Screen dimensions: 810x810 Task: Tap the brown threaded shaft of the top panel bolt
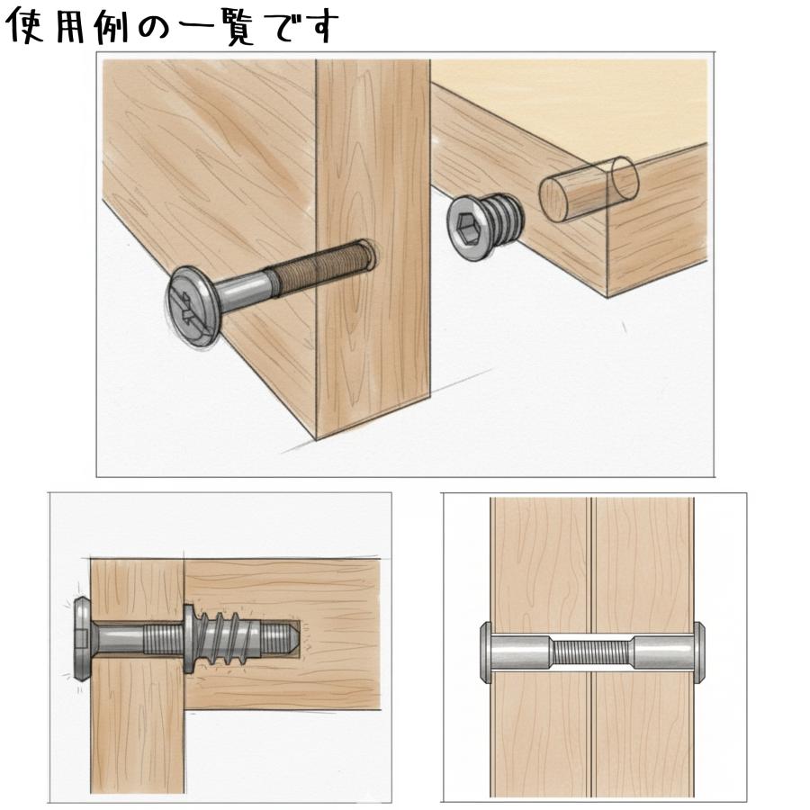[319, 269]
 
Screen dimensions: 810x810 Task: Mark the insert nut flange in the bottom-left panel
[187, 638]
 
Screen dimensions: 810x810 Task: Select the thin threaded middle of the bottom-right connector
[592, 650]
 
